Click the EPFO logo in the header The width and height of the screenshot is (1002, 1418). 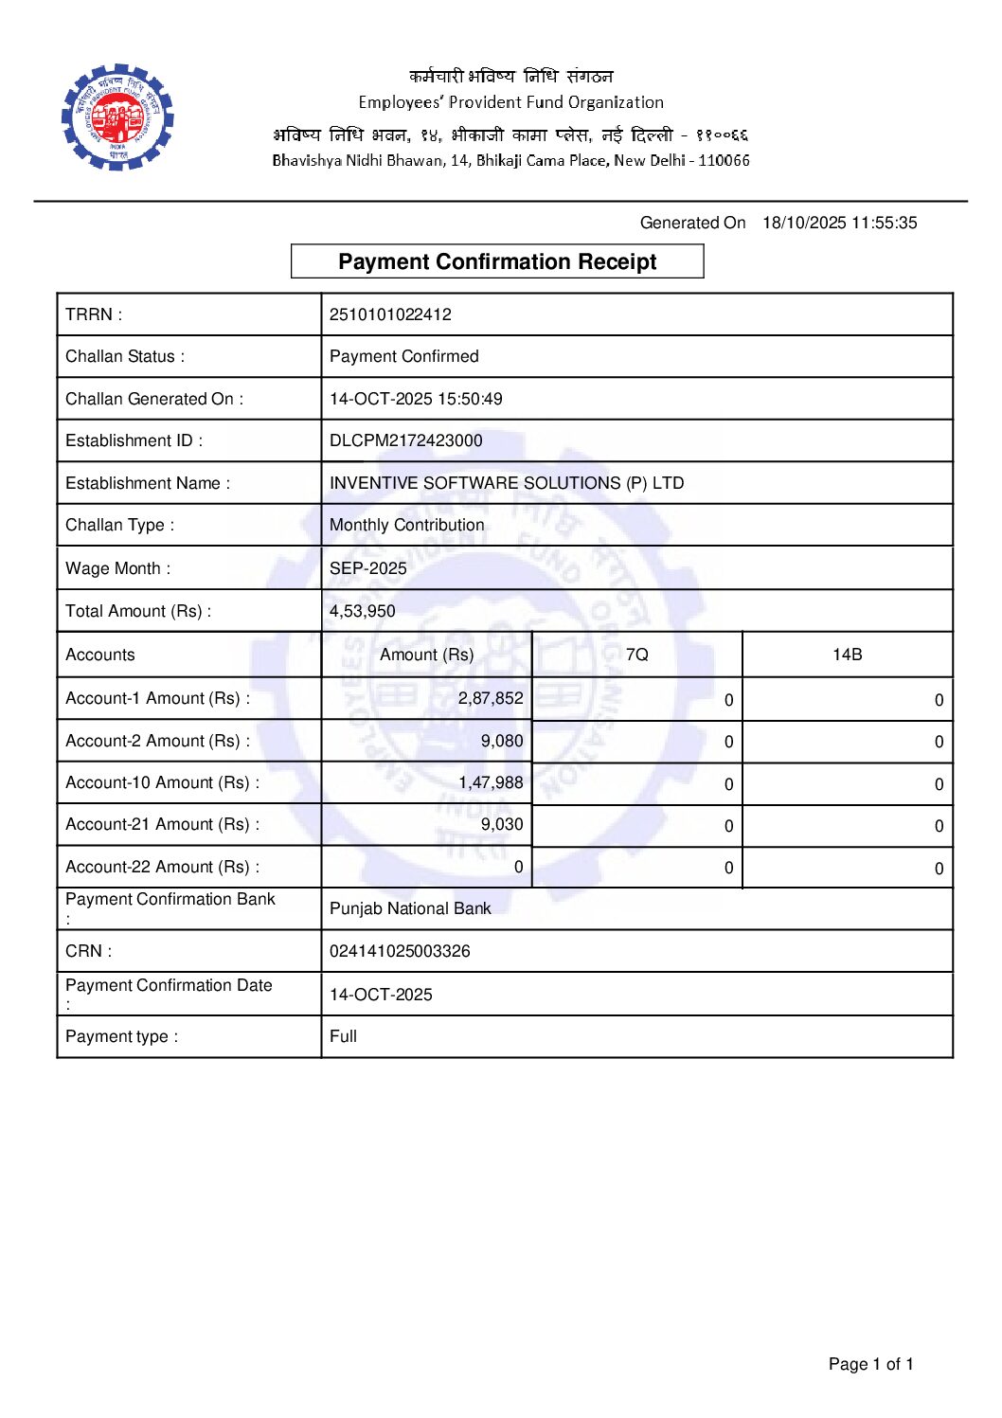[117, 117]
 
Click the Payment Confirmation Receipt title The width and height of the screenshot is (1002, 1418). [497, 261]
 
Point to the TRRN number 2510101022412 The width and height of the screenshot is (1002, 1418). [390, 314]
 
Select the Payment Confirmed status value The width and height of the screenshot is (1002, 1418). [404, 356]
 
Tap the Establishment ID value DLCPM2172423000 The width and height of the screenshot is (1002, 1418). [405, 440]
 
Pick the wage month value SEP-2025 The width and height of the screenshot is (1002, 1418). [368, 568]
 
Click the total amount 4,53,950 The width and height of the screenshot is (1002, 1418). [363, 611]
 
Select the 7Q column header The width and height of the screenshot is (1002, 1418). [637, 655]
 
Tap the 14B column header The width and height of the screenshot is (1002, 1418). [848, 655]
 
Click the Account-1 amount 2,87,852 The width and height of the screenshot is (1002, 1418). [491, 698]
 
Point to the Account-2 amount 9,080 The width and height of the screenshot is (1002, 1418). [502, 741]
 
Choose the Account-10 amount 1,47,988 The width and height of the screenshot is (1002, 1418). [491, 782]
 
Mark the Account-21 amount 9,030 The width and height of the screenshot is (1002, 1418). [502, 824]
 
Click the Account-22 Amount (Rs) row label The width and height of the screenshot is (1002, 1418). [162, 867]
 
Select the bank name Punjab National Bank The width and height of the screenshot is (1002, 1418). [410, 908]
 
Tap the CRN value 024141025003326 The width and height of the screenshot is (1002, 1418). [400, 951]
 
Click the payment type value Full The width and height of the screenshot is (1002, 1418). [343, 1036]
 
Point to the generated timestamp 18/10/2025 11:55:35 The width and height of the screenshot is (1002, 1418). [840, 223]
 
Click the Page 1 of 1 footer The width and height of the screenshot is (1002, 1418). [870, 1364]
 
